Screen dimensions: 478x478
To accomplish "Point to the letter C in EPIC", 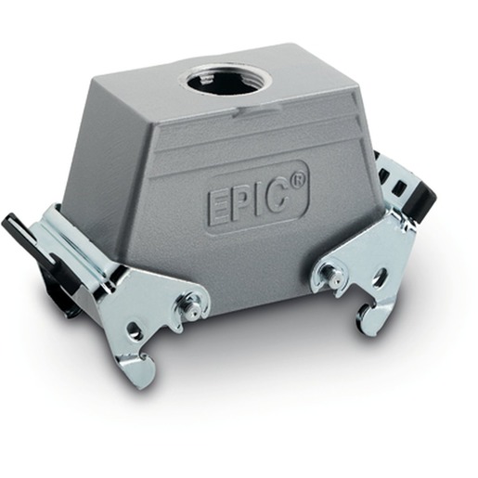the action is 279,193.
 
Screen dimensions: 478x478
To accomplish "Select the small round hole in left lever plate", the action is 134,329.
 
